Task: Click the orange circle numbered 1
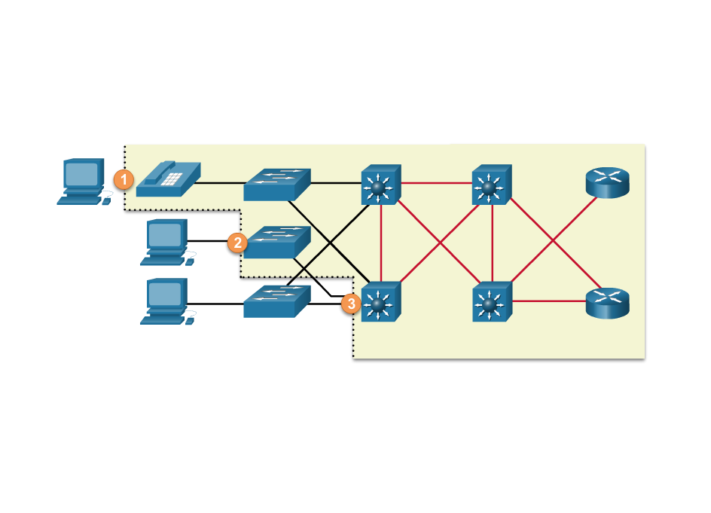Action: tap(124, 179)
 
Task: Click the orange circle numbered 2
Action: tap(237, 243)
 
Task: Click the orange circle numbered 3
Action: tap(350, 304)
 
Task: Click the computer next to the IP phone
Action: tap(84, 181)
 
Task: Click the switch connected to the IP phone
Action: tap(276, 184)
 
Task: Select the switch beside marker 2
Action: tap(276, 242)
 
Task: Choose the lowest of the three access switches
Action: tap(276, 301)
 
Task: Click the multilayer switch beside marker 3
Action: tap(380, 301)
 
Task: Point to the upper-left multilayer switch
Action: tap(380, 184)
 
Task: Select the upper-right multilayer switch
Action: tap(491, 185)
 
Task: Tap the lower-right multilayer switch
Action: tap(491, 301)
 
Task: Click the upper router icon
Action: tap(606, 182)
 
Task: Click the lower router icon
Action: tap(606, 303)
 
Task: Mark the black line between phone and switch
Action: tap(221, 182)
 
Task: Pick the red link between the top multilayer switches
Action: tap(436, 182)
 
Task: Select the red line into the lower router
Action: tap(549, 301)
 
